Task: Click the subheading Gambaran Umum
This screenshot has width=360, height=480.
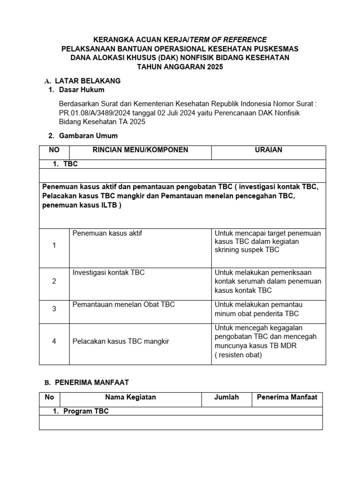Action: pyautogui.click(x=88, y=136)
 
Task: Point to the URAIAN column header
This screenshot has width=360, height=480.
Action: pyautogui.click(x=268, y=150)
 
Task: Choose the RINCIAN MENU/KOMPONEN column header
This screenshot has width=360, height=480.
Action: pyautogui.click(x=140, y=150)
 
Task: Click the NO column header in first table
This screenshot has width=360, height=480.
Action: pyautogui.click(x=54, y=150)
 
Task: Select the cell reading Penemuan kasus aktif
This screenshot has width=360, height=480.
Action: pyautogui.click(x=107, y=233)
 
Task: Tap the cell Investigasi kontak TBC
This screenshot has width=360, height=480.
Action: pyautogui.click(x=109, y=272)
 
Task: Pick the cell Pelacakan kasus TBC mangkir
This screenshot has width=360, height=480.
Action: pyautogui.click(x=121, y=341)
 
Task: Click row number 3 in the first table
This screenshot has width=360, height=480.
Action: pyautogui.click(x=54, y=309)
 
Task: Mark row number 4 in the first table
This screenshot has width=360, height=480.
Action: pyautogui.click(x=54, y=341)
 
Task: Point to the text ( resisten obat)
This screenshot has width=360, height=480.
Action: pyautogui.click(x=238, y=355)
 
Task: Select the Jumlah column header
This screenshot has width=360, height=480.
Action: pyautogui.click(x=226, y=397)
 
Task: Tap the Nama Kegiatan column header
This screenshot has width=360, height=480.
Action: pyautogui.click(x=130, y=397)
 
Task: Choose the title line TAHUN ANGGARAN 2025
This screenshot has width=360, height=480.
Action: pyautogui.click(x=180, y=67)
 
